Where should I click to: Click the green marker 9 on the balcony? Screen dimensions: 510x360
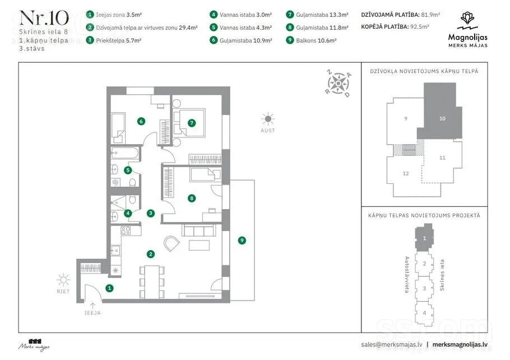242,241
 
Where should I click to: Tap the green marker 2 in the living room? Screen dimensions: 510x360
150,254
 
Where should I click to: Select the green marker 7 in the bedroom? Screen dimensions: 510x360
192,123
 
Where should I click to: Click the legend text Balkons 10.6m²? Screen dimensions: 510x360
316,41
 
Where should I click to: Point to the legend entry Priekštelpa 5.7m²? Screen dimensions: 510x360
118,41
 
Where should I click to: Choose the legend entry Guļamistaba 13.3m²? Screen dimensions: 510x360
322,15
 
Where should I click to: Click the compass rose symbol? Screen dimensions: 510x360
339,84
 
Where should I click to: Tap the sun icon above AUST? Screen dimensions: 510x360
268,119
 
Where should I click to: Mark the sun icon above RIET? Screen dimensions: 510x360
63,280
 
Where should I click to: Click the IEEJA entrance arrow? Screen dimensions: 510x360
92,306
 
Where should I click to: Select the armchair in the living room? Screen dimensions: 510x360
171,243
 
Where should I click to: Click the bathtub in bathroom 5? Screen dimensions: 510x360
125,153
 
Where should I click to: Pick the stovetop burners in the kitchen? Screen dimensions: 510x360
126,230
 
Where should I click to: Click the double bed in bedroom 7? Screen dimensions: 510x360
189,123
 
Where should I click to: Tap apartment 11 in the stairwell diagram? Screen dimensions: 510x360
442,158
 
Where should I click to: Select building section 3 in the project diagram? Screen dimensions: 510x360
424,288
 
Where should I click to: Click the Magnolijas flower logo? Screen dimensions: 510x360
467,21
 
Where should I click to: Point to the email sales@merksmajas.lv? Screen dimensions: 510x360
392,345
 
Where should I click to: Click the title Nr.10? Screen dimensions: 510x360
44,19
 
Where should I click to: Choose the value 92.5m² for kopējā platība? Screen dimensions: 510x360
420,27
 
